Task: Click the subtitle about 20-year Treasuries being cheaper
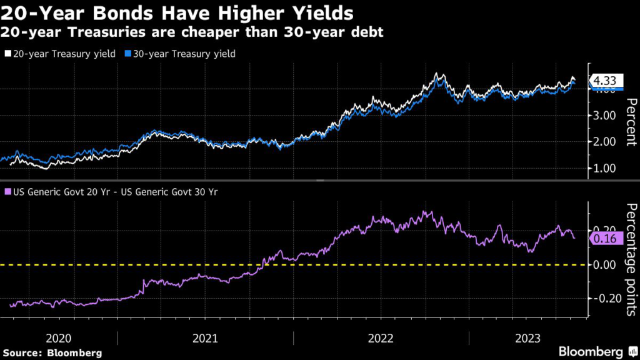(192, 31)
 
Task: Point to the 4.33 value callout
(606, 81)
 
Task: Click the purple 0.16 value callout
(606, 238)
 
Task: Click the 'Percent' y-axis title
(631, 122)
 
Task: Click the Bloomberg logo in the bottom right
(591, 351)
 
